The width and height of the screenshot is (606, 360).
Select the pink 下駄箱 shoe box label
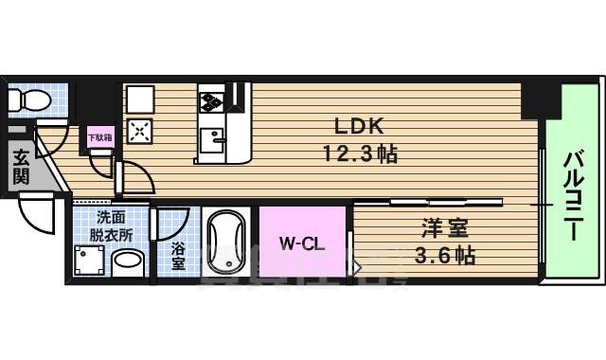point(99,137)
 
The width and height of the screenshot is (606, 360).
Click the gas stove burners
point(211,98)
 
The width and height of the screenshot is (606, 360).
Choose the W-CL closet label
point(302,243)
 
